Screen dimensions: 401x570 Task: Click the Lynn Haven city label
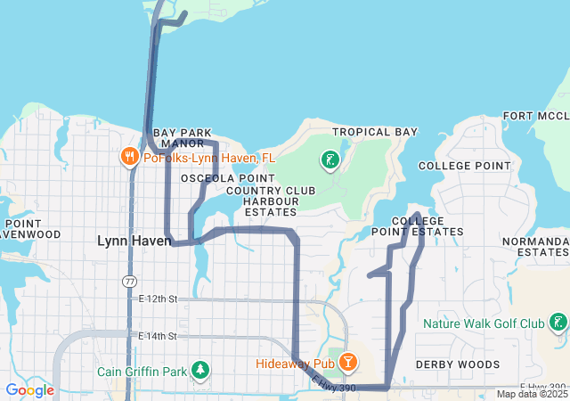pos(134,241)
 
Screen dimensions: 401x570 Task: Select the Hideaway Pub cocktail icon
pos(347,363)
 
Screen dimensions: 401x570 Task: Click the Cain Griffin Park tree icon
pos(202,370)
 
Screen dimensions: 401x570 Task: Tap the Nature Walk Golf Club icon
pos(558,323)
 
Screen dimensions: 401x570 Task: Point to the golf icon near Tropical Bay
pos(330,160)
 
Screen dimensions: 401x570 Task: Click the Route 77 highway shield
pos(130,281)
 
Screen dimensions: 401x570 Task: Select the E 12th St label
pos(159,299)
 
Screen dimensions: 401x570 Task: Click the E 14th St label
pos(159,336)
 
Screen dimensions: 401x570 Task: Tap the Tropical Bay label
pos(374,132)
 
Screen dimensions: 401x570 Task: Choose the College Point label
pos(465,166)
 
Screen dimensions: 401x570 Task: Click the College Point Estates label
pos(427,226)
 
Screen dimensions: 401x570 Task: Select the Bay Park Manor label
pos(182,137)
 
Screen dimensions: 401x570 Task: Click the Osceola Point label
pos(216,178)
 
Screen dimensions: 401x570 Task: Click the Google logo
pos(29,389)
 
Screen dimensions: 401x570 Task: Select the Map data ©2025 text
pos(532,394)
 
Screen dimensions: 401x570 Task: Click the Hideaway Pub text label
pos(295,364)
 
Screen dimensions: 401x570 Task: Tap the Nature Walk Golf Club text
pos(484,323)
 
